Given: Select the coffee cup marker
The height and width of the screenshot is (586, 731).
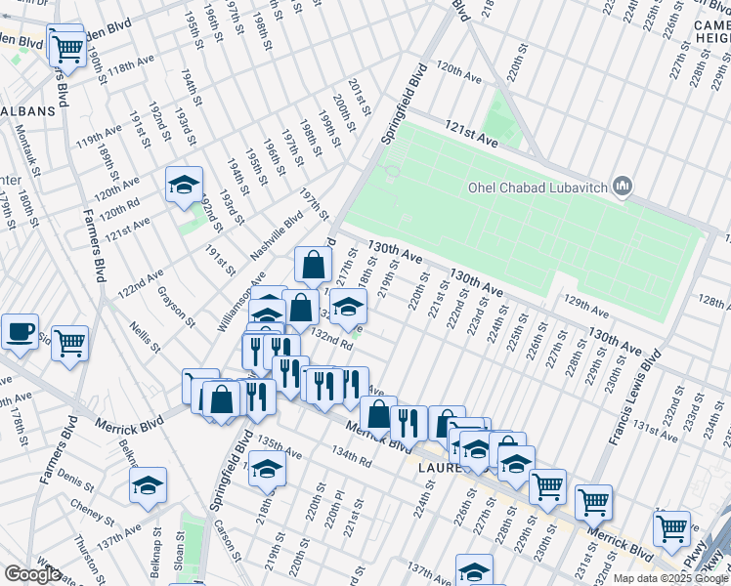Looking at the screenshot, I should pyautogui.click(x=20, y=332).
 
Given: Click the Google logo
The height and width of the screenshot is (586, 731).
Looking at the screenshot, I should pyautogui.click(x=32, y=574).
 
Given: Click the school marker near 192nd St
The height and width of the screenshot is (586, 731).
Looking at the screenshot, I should pyautogui.click(x=184, y=185).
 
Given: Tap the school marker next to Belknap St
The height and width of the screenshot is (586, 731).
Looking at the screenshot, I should pyautogui.click(x=148, y=484).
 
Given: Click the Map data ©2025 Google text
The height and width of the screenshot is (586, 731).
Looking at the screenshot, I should pyautogui.click(x=670, y=578).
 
